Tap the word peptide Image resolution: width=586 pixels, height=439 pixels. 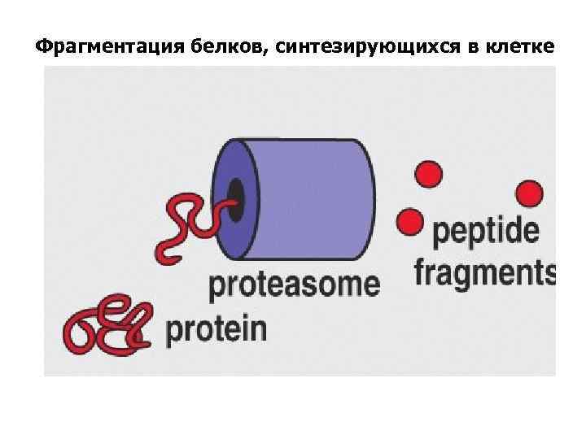coord(486,233)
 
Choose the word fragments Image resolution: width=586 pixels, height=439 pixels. coord(486,273)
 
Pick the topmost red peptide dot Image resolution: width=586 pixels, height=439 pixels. coord(429,174)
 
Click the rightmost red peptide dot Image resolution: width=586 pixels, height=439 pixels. coord(529,193)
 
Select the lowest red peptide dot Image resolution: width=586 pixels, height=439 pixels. coord(409,220)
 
